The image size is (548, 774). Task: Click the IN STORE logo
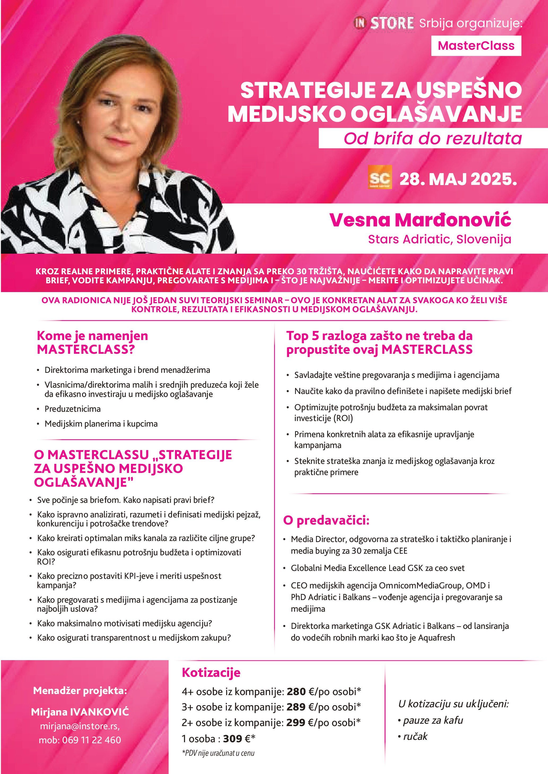tap(384, 23)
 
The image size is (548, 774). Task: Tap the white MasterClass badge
tap(476, 46)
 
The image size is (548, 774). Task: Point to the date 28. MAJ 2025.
tap(458, 179)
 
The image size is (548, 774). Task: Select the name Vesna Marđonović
tap(420, 220)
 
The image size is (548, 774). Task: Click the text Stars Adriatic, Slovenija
tap(439, 239)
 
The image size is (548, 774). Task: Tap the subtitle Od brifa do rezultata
tap(433, 138)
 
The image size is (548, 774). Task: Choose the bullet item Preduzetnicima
tap(73, 409)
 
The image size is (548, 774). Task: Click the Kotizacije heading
tap(211, 672)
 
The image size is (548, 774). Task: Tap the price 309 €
tap(236, 739)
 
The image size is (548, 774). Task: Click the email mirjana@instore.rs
tap(80, 726)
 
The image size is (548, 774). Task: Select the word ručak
tap(415, 736)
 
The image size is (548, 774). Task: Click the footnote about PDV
tap(218, 753)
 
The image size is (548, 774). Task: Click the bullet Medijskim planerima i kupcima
tap(101, 424)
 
